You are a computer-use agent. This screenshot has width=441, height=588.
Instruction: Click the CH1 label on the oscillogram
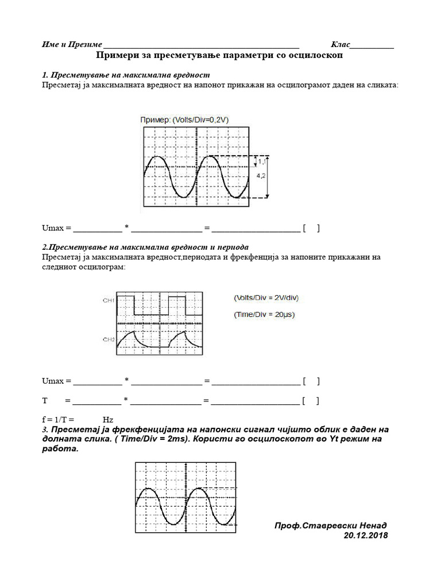click(109, 300)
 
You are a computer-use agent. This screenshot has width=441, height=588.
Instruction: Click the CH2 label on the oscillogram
click(109, 340)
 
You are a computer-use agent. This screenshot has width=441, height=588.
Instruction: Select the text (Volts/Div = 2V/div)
click(266, 297)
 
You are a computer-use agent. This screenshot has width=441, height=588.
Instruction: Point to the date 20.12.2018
click(365, 535)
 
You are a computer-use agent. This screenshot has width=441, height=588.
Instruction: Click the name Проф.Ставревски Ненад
click(331, 525)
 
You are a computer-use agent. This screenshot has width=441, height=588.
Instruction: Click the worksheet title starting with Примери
click(220, 57)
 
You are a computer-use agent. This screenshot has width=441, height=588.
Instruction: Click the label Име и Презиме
click(72, 45)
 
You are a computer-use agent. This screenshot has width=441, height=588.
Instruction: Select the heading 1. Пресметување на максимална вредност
click(126, 75)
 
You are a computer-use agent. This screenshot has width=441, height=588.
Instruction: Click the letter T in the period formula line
click(45, 400)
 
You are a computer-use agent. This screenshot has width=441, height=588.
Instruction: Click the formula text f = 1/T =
click(59, 420)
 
